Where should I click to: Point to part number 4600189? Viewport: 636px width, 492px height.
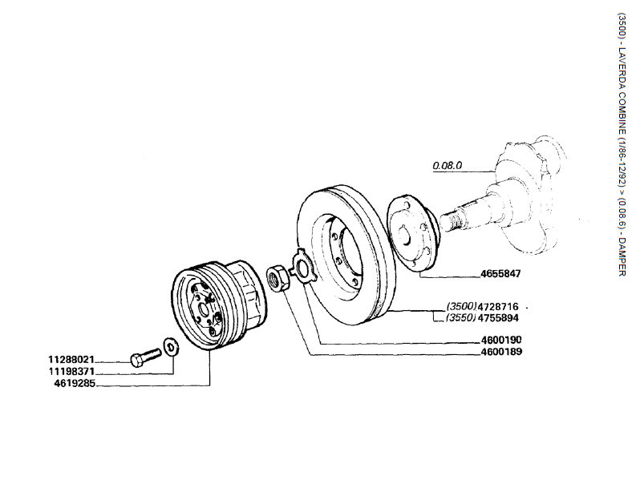pyautogui.click(x=502, y=351)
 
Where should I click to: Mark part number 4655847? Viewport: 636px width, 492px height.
pyautogui.click(x=500, y=274)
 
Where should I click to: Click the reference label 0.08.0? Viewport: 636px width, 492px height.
pyautogui.click(x=448, y=167)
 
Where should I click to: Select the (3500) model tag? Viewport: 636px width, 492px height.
pyautogui.click(x=461, y=307)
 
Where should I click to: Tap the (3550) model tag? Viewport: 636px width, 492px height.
pyautogui.click(x=461, y=317)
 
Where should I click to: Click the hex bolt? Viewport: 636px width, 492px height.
pyautogui.click(x=144, y=357)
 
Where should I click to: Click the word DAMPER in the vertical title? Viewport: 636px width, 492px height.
pyautogui.click(x=622, y=256)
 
